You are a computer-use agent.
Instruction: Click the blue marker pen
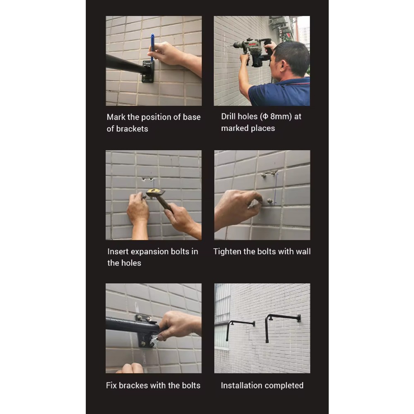click(152, 48)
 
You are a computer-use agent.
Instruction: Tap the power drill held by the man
click(253, 52)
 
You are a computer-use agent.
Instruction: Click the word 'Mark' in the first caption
click(116, 117)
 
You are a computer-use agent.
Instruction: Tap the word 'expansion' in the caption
click(150, 251)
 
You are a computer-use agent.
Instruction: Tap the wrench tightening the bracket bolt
click(154, 341)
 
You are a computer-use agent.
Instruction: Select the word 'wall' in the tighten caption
click(303, 251)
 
